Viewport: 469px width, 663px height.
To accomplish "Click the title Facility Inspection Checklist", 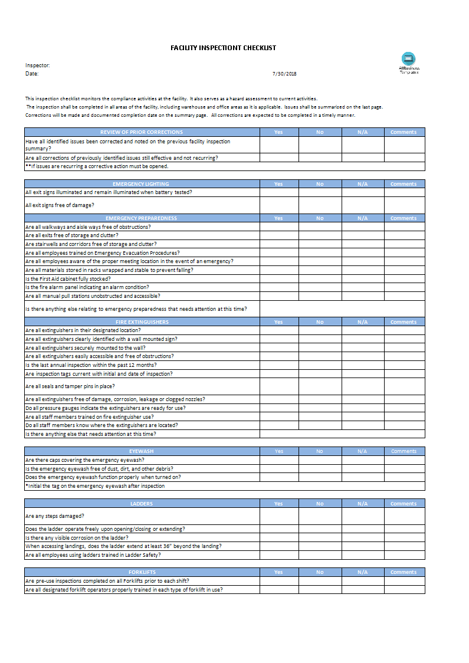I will click(x=223, y=48).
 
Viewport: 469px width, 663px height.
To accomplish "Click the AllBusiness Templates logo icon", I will click(x=408, y=58).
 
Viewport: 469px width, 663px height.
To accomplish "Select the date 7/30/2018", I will click(x=284, y=74).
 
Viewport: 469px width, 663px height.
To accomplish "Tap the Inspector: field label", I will click(x=38, y=65).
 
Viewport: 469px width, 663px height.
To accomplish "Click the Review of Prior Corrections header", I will click(x=142, y=132).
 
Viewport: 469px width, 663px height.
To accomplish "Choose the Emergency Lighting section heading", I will click(x=142, y=184).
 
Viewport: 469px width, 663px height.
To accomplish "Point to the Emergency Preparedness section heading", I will click(x=142, y=218).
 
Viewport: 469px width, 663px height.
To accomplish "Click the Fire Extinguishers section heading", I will click(x=142, y=322).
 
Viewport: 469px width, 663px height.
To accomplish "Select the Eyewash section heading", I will click(x=142, y=451).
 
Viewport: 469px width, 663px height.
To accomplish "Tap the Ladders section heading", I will click(x=142, y=504).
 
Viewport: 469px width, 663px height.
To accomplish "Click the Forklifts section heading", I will click(x=142, y=572).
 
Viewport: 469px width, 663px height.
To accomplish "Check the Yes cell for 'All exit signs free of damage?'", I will click(x=279, y=205).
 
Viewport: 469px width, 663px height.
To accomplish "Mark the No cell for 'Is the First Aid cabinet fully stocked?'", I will click(x=320, y=279).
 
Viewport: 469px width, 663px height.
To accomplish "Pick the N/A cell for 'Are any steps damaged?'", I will click(x=363, y=516).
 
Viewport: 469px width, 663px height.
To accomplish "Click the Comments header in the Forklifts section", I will click(x=404, y=572).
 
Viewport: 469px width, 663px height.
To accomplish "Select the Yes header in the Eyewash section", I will click(x=279, y=451).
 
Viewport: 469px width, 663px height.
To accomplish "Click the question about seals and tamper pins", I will click(x=70, y=386).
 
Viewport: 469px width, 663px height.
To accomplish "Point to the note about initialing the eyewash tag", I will click(x=96, y=486).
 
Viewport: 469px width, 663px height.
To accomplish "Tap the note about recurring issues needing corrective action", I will click(x=97, y=166).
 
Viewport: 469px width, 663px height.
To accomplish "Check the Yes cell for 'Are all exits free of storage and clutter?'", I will click(x=279, y=235).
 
